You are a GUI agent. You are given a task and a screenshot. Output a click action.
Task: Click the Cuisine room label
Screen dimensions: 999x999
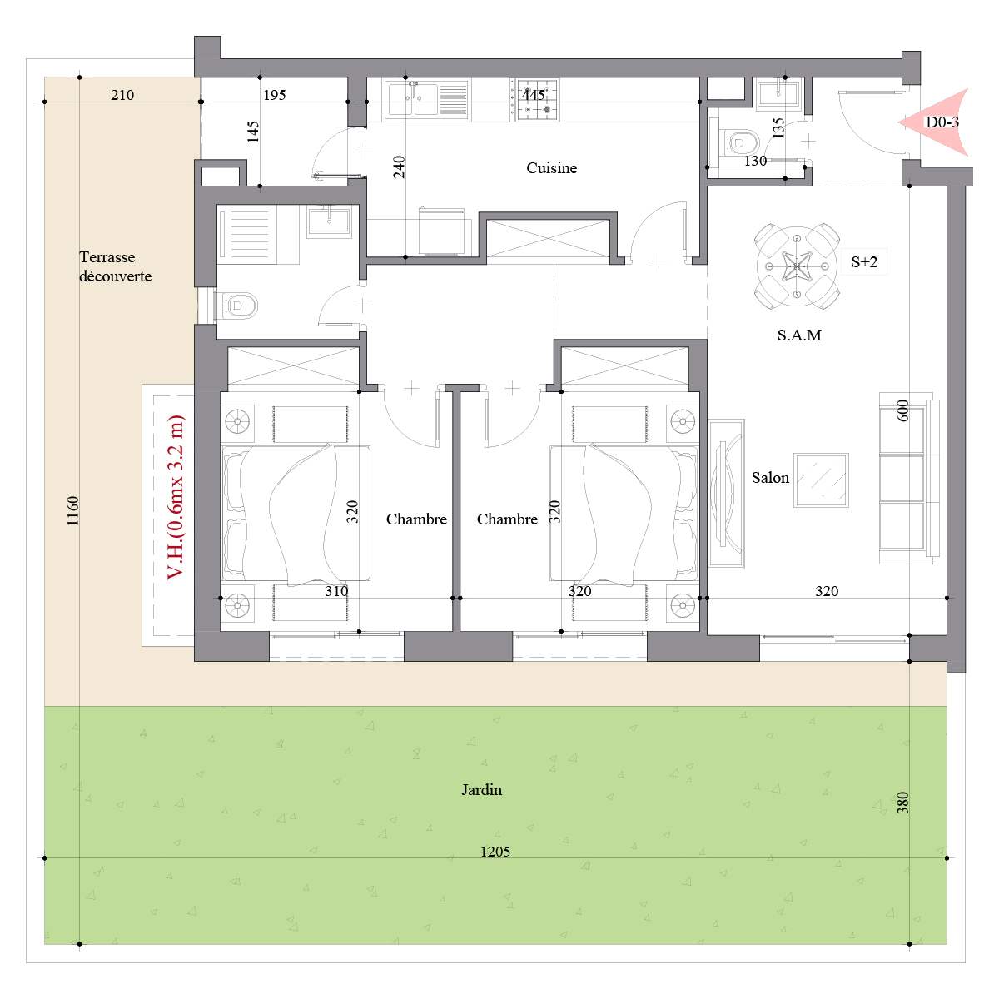[551, 168]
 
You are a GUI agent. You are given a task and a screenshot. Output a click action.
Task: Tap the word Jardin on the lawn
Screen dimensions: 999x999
[482, 789]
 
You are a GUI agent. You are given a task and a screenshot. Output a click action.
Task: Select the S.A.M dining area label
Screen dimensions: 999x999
[799, 335]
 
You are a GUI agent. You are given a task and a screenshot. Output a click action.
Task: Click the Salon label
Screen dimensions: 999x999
[770, 478]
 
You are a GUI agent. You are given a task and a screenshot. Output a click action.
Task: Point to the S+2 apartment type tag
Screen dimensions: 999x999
[864, 261]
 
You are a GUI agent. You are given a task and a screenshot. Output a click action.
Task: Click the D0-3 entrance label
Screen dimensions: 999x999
[942, 122]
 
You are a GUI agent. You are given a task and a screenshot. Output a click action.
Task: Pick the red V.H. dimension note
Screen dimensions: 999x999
[176, 497]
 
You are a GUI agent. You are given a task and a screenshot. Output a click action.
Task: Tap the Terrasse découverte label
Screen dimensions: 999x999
[115, 266]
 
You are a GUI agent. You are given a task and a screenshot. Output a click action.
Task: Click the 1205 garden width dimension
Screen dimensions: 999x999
[495, 852]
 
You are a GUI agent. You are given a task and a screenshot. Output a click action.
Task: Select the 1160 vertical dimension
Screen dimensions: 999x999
[72, 510]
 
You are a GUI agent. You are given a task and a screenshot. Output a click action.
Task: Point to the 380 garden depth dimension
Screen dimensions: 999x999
[902, 803]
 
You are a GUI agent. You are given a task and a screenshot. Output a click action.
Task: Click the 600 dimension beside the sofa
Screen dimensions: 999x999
[902, 410]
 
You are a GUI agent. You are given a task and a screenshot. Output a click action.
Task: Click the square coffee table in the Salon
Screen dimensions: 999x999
[821, 480]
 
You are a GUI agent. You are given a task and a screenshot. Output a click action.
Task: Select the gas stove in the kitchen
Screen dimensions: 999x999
[534, 100]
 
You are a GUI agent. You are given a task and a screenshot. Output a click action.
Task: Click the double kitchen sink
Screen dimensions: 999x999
[426, 99]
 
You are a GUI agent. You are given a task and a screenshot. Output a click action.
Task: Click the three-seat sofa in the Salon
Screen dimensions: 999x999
[909, 478]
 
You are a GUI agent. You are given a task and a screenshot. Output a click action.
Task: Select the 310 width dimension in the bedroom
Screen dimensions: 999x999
[336, 591]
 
